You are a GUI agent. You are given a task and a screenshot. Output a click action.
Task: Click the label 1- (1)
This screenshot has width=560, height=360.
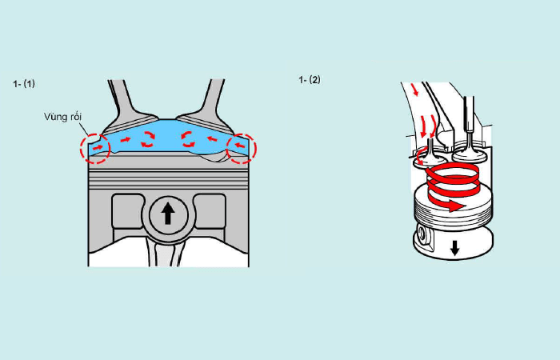tap(24, 84)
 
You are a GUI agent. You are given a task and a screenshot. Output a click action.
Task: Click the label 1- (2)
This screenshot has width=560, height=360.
tap(310, 80)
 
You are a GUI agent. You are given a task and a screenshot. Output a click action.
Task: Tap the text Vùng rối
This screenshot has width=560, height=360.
tap(63, 117)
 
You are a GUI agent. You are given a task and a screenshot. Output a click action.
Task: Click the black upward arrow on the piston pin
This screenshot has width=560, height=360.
tap(168, 214)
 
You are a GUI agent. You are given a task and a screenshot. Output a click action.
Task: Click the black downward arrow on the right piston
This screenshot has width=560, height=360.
tap(454, 248)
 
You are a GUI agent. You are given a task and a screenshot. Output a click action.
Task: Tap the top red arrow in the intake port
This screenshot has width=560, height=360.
tap(415, 90)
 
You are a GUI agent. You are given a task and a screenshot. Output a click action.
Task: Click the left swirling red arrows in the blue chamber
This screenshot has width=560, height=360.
tap(148, 139)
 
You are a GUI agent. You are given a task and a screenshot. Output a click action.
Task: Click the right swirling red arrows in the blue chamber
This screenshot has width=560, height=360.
tap(189, 139)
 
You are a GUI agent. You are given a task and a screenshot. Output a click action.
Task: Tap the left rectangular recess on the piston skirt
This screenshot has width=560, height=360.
tap(127, 211)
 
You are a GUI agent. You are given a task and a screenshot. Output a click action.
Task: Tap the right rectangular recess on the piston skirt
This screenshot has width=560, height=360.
tap(210, 211)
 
